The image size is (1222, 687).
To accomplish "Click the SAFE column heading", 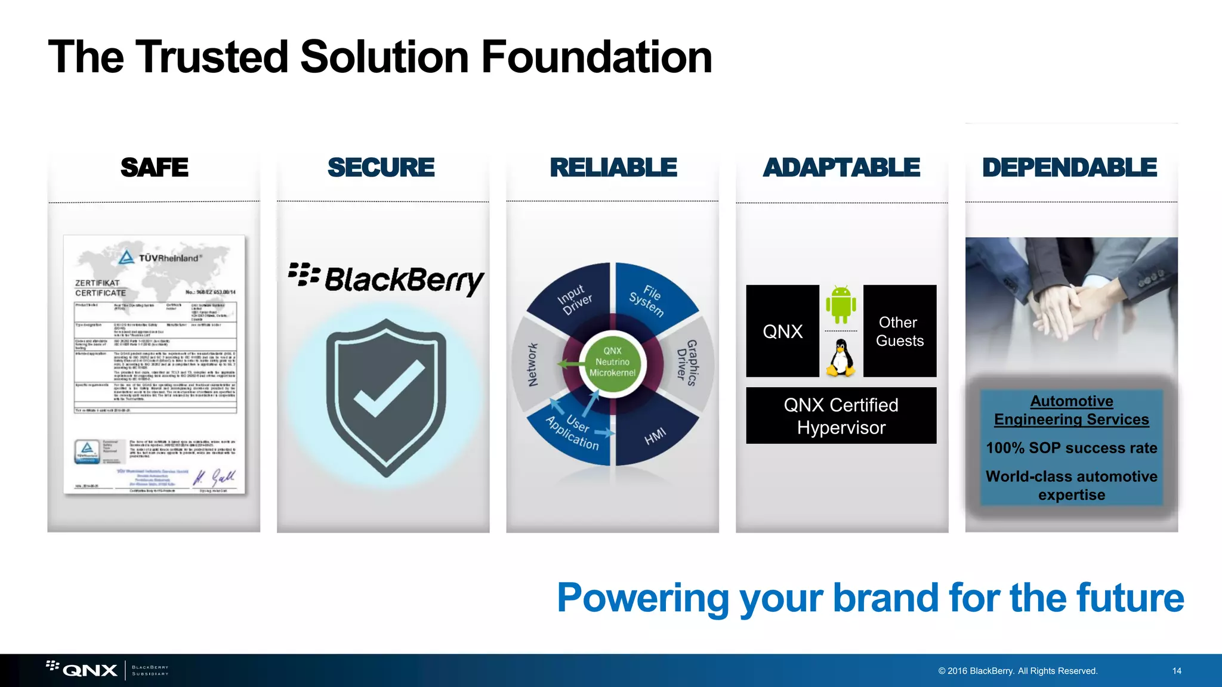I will (x=154, y=168).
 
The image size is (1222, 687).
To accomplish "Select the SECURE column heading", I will (x=381, y=168).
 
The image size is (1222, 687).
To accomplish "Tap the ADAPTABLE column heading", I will (x=841, y=168).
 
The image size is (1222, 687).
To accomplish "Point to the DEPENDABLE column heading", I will (x=1070, y=168).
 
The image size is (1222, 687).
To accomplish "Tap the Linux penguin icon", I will (x=841, y=358).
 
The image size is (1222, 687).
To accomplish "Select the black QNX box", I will (x=782, y=331).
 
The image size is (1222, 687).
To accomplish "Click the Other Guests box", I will (x=899, y=331).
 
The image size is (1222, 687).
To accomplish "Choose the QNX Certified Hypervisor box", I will (x=841, y=416).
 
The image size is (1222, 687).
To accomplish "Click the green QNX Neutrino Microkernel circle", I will (x=612, y=362).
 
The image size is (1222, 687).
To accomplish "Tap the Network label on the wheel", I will (x=533, y=364).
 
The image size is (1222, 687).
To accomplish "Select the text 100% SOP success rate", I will (x=1071, y=448).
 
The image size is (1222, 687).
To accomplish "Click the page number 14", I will (x=1177, y=671).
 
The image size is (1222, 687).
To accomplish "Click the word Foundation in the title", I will (x=596, y=57).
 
